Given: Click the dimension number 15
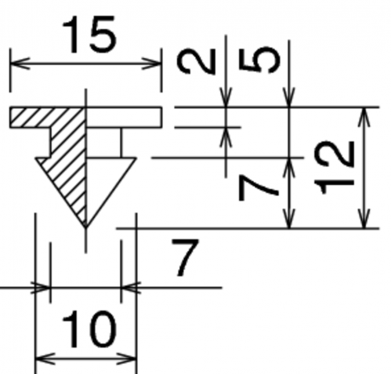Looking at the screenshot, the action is [89, 34].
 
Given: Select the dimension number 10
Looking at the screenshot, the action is [89, 330].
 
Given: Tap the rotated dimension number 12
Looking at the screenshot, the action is [335, 168].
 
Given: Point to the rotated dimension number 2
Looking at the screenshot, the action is [196, 61].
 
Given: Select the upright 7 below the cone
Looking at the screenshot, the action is [185, 258].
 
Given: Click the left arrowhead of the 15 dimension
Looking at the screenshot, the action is [20, 64].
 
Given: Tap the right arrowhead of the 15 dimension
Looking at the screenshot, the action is [152, 64].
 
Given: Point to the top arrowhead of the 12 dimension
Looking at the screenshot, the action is [364, 117].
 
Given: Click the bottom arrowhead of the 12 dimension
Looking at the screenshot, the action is [364, 219].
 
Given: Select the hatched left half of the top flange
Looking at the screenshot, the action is [48, 118].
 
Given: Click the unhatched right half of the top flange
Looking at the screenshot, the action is [124, 118].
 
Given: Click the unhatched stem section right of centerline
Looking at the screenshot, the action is [103, 143].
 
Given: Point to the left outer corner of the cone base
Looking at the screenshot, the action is [36, 158].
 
